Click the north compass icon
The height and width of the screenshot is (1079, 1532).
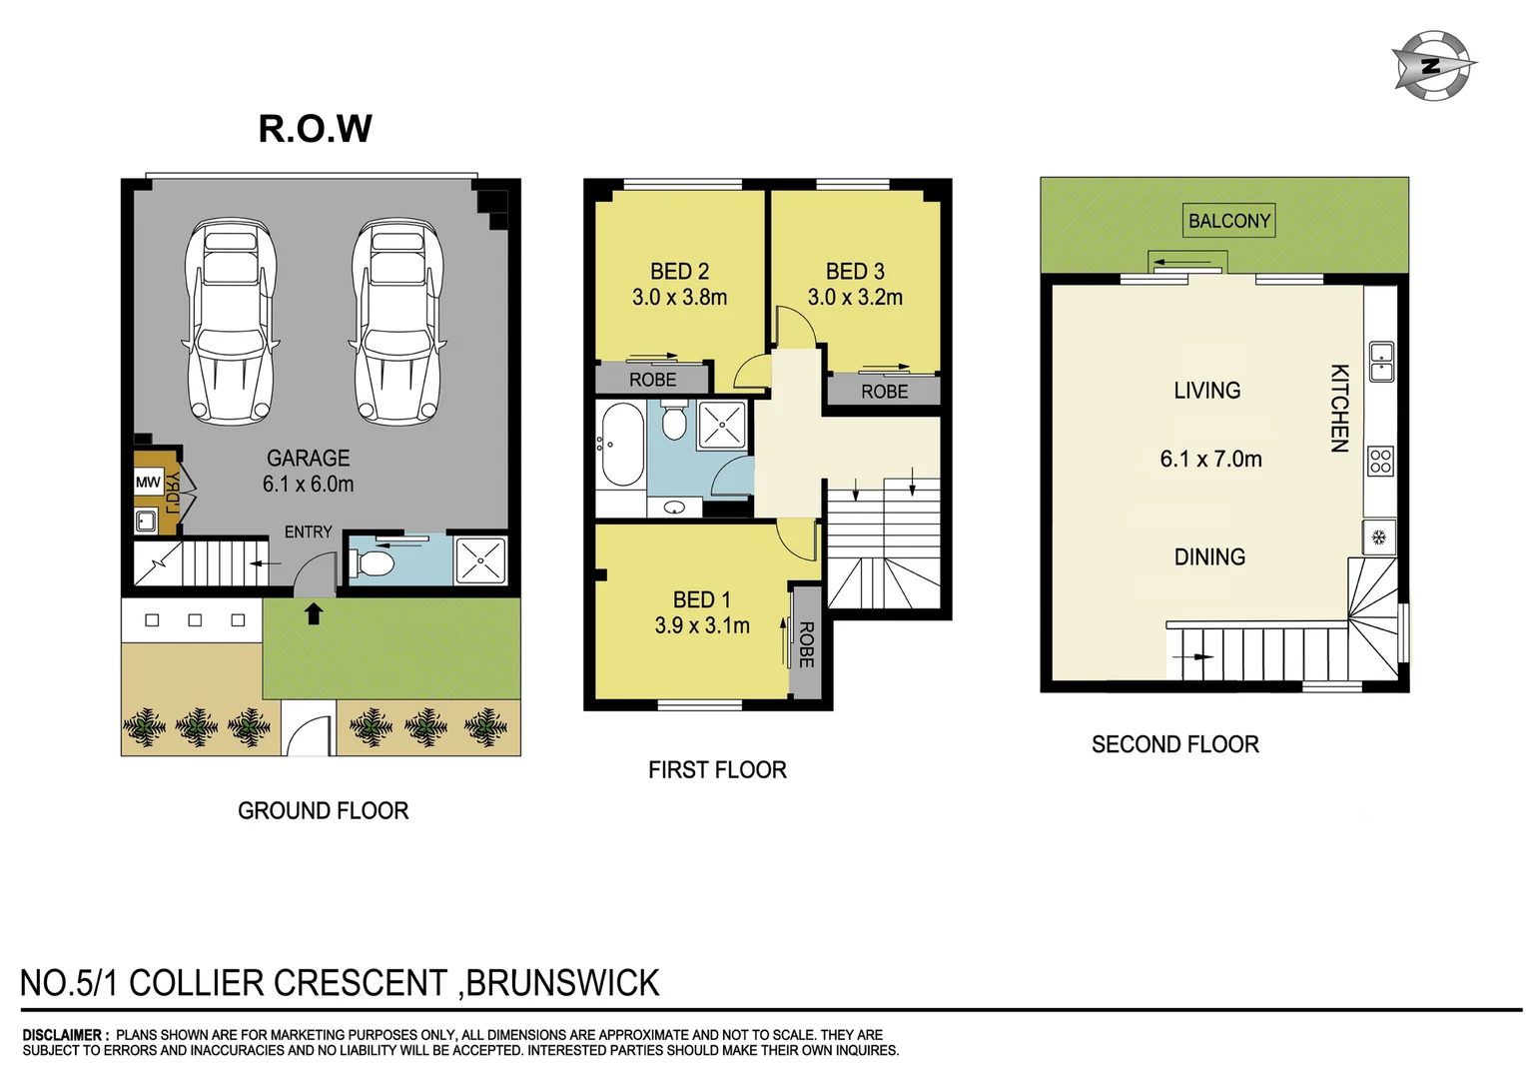pyautogui.click(x=1432, y=66)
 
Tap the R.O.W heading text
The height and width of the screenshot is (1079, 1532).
pyautogui.click(x=315, y=128)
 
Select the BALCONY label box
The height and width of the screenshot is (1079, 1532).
pyautogui.click(x=1229, y=221)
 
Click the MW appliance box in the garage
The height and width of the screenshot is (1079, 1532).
pyautogui.click(x=148, y=483)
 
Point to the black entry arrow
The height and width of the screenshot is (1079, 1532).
pyautogui.click(x=314, y=613)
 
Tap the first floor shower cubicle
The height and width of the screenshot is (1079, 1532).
pyautogui.click(x=721, y=424)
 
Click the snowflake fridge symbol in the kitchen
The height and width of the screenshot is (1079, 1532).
pyautogui.click(x=1379, y=538)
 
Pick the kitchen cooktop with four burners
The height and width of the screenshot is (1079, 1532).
pyautogui.click(x=1380, y=461)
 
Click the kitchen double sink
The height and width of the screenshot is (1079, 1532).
pyautogui.click(x=1381, y=362)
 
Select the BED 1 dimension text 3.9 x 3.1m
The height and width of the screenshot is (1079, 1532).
pyautogui.click(x=702, y=625)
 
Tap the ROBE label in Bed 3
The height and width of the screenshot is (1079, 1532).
pyautogui.click(x=885, y=392)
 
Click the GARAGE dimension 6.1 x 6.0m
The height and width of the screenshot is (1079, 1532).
pyautogui.click(x=308, y=485)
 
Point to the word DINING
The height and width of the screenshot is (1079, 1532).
pyautogui.click(x=1209, y=557)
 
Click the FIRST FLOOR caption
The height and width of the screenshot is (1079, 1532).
pyautogui.click(x=717, y=770)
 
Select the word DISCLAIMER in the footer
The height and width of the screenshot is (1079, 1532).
pyautogui.click(x=63, y=1035)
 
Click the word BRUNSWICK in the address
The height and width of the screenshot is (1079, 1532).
pyautogui.click(x=563, y=983)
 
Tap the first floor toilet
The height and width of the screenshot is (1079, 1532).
pyautogui.click(x=675, y=421)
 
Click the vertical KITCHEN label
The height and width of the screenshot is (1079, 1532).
pyautogui.click(x=1339, y=408)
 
